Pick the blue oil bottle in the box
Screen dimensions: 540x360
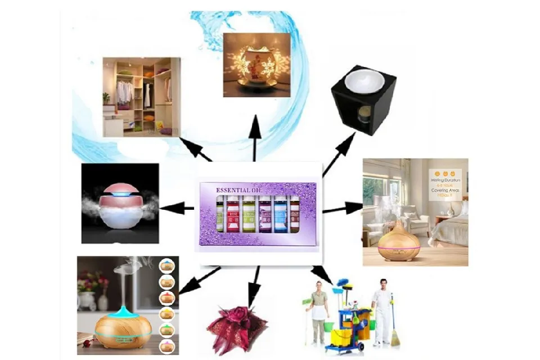tap(279, 215)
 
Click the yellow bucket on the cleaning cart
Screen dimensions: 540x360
tap(339, 338)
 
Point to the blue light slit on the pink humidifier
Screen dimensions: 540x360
tap(119, 193)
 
